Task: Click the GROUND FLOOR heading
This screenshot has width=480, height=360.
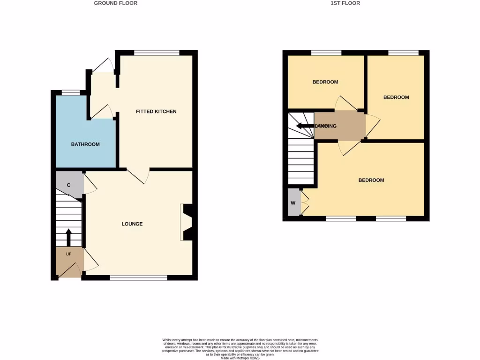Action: tap(116, 3)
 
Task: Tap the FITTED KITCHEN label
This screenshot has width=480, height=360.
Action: tap(156, 112)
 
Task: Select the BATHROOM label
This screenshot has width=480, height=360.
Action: tap(85, 144)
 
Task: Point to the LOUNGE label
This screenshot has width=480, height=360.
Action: tap(132, 224)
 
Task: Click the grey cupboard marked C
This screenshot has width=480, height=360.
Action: tap(69, 185)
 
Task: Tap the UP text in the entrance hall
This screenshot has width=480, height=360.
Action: tap(68, 254)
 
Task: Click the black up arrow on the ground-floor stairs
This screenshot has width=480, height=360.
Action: tap(68, 237)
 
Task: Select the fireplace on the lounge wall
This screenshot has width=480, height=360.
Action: tap(187, 222)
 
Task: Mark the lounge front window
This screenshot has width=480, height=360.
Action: tap(138, 278)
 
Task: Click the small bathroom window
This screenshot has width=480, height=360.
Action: tap(71, 92)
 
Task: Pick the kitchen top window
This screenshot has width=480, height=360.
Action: tap(157, 52)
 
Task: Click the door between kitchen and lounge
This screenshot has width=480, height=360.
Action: tap(138, 176)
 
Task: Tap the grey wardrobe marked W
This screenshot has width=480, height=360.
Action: tap(293, 203)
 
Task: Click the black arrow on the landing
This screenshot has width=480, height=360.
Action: tap(305, 126)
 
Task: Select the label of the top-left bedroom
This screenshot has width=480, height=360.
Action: tap(325, 82)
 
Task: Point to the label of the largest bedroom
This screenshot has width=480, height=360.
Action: tap(371, 180)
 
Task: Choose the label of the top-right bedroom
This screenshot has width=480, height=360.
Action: tap(396, 97)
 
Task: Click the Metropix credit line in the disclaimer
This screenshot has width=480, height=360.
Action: tap(240, 359)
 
